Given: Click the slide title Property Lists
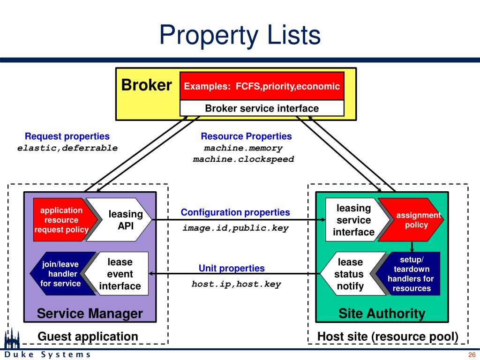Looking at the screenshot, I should [240, 36].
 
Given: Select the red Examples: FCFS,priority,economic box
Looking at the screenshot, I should [262, 86].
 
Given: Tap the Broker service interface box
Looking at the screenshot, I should [262, 108].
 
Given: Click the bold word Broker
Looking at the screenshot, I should [147, 85].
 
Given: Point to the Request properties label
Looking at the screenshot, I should [67, 136].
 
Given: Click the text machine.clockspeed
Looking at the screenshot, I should [243, 159].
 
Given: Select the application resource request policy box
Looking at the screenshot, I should [60, 220].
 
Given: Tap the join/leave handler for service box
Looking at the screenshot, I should [60, 274].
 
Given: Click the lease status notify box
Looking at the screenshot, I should [350, 274].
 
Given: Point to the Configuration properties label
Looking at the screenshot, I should [235, 212].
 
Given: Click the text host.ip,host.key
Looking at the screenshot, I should [236, 284].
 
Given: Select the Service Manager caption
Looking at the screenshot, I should [90, 314].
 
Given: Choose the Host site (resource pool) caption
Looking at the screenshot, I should [388, 337].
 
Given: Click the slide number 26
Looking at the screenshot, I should [472, 354].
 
